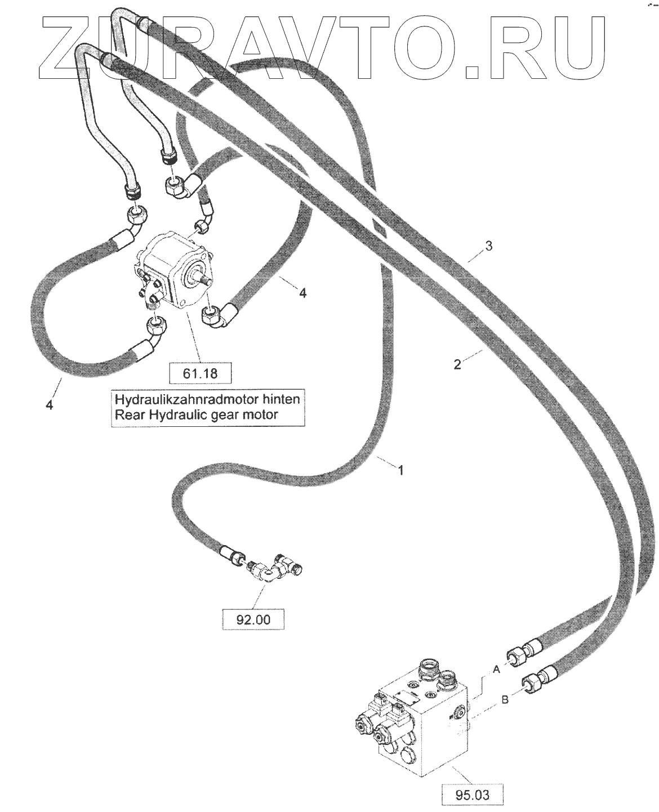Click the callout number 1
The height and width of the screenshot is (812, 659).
coord(401,470)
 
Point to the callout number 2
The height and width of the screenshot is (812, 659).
coord(457,364)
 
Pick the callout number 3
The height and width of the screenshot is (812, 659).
coord(489,246)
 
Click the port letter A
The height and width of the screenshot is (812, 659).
coord(497,670)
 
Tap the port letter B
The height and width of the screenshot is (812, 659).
coord(505,700)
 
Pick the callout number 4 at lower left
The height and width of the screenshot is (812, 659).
coord(50,404)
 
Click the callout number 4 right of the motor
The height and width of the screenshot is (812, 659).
coord(302,293)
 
